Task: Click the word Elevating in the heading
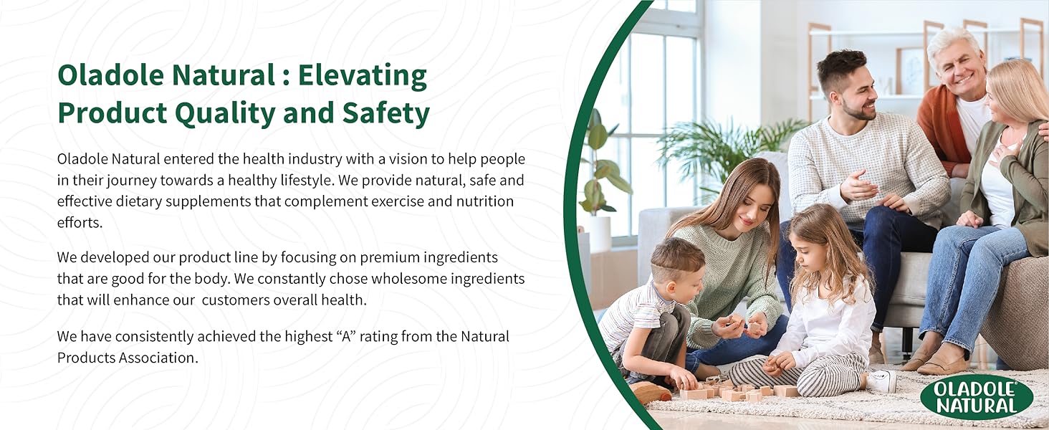pos(363,75)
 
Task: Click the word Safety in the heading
pos(386,113)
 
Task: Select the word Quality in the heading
pos(225,113)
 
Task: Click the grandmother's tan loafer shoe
pos(942,360)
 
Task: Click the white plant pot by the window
pos(600,234)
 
